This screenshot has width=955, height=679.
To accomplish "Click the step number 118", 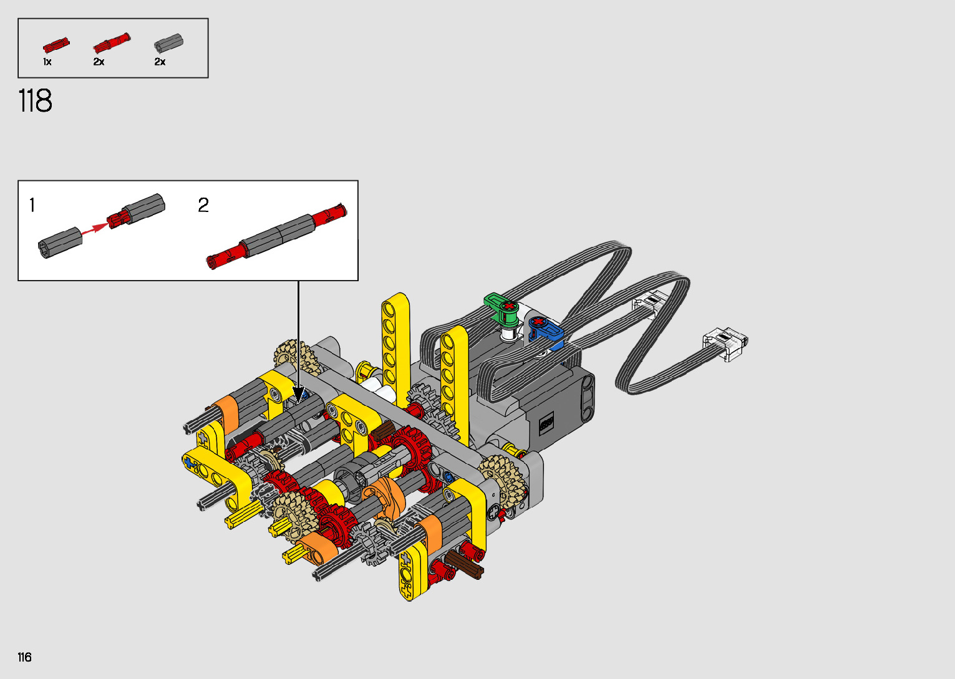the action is (36, 100).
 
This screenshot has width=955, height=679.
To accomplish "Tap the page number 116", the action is (25, 657).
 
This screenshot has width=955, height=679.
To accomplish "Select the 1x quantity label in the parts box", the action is (47, 62).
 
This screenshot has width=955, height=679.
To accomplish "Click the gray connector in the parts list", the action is (168, 43).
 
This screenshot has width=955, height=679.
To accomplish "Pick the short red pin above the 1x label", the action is (56, 45).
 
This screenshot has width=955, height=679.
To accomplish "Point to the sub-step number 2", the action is (203, 205).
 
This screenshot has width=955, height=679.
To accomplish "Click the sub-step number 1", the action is (32, 205).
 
